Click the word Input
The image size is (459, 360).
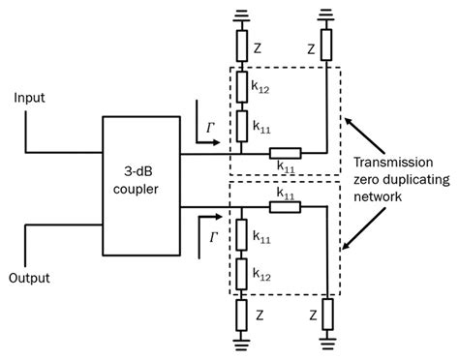pyautogui.click(x=29, y=98)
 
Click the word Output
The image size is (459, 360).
pyautogui.click(x=29, y=278)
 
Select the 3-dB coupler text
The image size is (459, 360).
pyautogui.click(x=136, y=180)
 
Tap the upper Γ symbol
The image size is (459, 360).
pyautogui.click(x=211, y=129)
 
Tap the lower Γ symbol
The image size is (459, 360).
pyautogui.click(x=213, y=238)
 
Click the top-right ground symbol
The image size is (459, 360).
pyautogui.click(x=326, y=15)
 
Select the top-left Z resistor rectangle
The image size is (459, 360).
pyautogui.click(x=242, y=45)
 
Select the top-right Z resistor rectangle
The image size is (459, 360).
pyautogui.click(x=326, y=45)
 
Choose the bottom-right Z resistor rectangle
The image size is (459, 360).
pyautogui.click(x=327, y=315)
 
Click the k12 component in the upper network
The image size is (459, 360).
pyautogui.click(x=242, y=87)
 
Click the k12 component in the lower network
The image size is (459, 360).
pyautogui.click(x=241, y=274)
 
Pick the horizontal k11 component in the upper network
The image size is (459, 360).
pyautogui.click(x=286, y=154)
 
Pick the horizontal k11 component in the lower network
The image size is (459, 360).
pyautogui.click(x=285, y=207)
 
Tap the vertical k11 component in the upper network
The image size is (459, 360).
pyautogui.click(x=242, y=126)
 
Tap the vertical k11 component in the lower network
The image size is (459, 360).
pyautogui.click(x=241, y=235)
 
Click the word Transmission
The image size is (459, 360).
pyautogui.click(x=393, y=162)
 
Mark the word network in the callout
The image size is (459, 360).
pyautogui.click(x=378, y=196)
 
